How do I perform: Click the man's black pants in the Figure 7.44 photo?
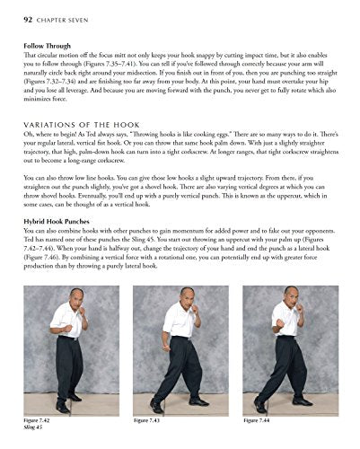click(x=289, y=368)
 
